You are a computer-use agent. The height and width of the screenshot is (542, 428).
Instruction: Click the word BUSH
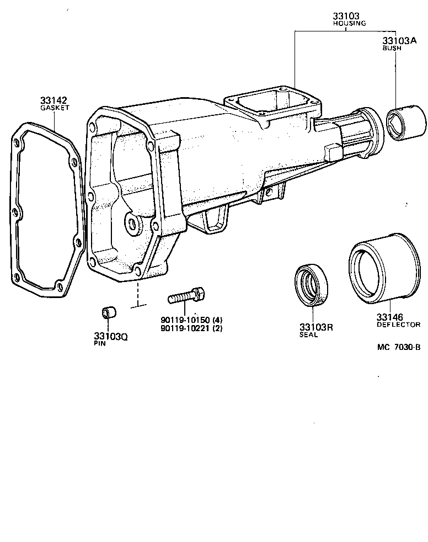coord(392,49)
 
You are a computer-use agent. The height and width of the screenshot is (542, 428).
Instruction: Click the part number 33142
coord(54,100)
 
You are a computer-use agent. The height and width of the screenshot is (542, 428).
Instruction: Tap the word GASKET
coord(54,108)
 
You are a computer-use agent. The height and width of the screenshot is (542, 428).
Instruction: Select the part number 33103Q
coord(110,336)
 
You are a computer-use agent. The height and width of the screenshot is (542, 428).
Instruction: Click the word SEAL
coord(308,334)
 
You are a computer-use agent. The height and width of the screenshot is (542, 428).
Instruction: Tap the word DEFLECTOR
coord(399,325)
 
